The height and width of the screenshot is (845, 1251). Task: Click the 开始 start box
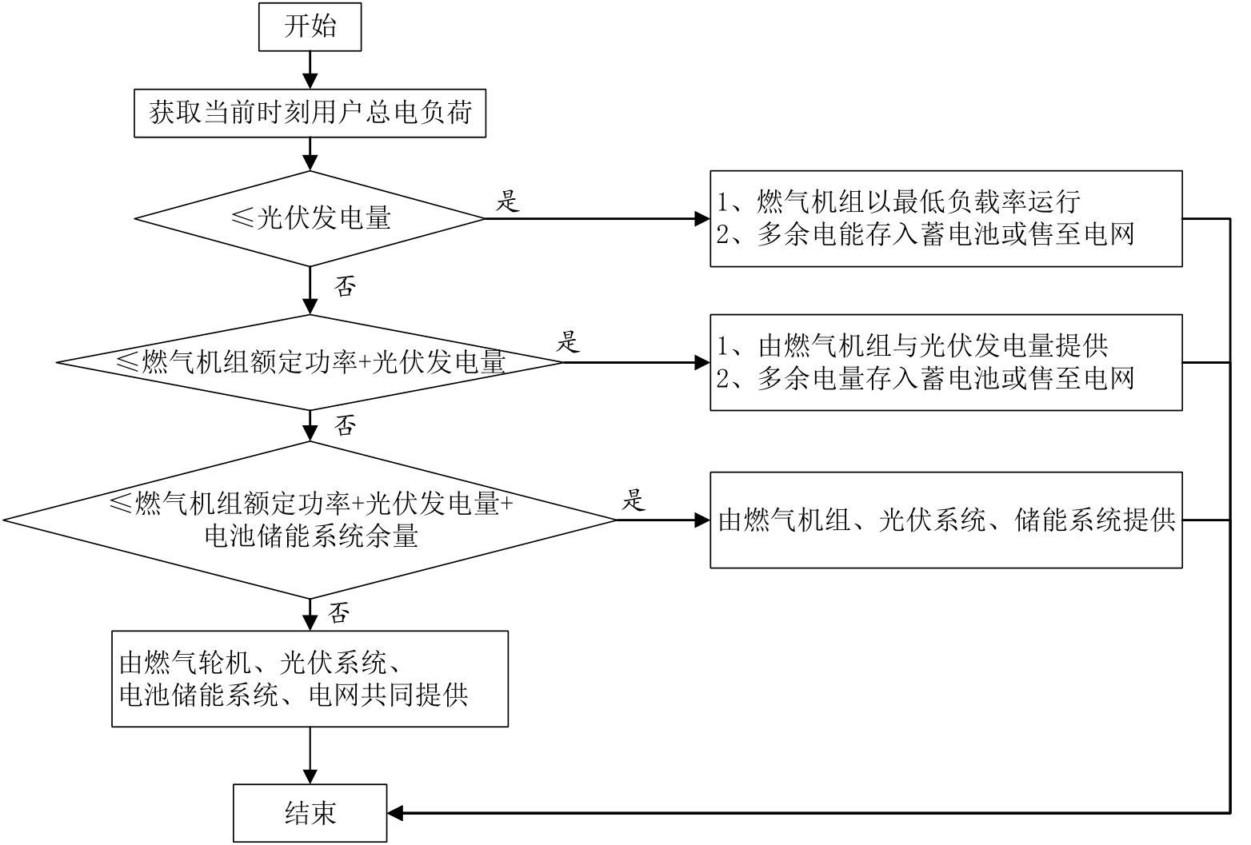tap(310, 27)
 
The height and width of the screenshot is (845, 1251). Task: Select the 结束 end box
tap(310, 813)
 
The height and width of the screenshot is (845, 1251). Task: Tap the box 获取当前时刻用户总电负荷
tap(310, 114)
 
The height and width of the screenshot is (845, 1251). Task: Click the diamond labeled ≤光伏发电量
tap(310, 218)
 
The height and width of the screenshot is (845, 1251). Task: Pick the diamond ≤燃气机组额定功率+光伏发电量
tap(310, 362)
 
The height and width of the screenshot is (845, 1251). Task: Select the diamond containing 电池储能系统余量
tap(310, 520)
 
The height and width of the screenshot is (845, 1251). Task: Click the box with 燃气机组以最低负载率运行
tap(945, 218)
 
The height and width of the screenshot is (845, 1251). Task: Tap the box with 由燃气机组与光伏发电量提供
tap(945, 362)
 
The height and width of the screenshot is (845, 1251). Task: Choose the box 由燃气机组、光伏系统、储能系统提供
tap(945, 520)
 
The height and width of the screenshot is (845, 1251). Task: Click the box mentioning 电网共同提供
tap(310, 679)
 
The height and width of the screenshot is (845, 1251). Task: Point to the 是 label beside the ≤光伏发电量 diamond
tap(508, 201)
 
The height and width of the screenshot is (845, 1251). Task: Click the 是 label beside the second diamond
tap(567, 343)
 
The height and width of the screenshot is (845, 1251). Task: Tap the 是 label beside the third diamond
tap(633, 501)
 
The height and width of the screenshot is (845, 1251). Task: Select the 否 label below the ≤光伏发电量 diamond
tap(344, 286)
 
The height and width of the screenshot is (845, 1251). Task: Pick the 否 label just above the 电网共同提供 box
tap(338, 613)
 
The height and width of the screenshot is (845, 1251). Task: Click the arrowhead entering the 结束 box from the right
tap(395, 813)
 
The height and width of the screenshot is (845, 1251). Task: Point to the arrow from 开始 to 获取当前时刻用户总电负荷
tap(310, 70)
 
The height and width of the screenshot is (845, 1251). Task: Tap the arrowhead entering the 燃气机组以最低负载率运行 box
tap(702, 218)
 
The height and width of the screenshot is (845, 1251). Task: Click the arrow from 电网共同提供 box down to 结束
tap(310, 755)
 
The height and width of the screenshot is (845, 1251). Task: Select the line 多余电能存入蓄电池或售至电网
tap(925, 234)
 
